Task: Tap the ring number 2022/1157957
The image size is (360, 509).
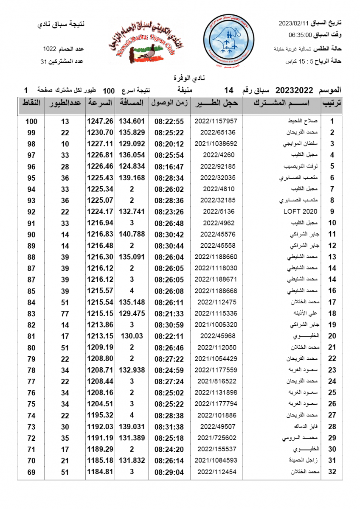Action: pyautogui.click(x=216, y=121)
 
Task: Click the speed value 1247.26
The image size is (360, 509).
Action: pyautogui.click(x=100, y=121)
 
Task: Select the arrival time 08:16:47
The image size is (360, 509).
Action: pyautogui.click(x=169, y=166)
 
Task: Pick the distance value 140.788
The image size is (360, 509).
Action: pyautogui.click(x=132, y=234)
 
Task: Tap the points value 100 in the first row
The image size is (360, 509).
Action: pyautogui.click(x=31, y=121)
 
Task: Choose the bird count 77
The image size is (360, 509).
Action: pyautogui.click(x=65, y=313)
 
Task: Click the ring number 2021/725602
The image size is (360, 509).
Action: pyautogui.click(x=216, y=438)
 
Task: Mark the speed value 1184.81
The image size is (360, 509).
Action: pyautogui.click(x=100, y=471)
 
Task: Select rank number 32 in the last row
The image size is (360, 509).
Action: pyautogui.click(x=332, y=472)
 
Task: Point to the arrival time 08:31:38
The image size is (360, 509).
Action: pyautogui.click(x=169, y=426)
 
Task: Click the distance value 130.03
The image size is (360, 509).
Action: pyautogui.click(x=132, y=336)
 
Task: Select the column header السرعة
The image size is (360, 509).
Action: pyautogui.click(x=100, y=103)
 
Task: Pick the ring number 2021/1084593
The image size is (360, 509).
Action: pyautogui.click(x=216, y=460)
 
